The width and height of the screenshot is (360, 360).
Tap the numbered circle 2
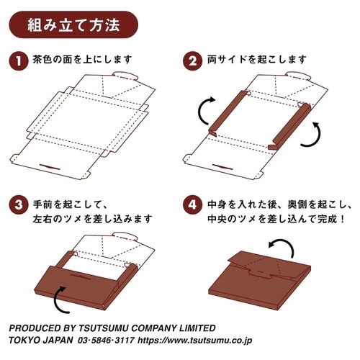coord(192,61)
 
